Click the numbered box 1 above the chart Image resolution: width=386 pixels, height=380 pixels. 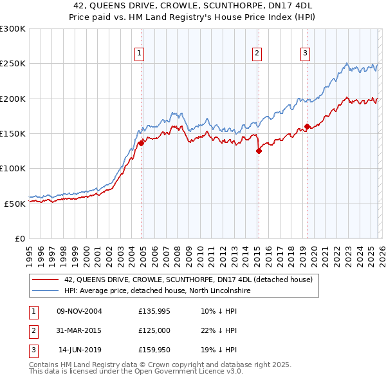(x=140, y=53)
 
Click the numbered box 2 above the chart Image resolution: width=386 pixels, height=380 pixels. (x=257, y=53)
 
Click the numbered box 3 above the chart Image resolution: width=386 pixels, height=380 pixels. (x=305, y=53)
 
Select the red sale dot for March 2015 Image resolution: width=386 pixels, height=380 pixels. (x=259, y=151)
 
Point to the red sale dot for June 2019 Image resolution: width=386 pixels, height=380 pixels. (x=307, y=126)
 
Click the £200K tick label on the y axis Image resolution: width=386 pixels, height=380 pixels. (x=13, y=99)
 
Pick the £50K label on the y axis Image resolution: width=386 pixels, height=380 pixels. (x=15, y=204)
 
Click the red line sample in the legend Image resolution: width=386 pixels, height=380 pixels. (x=45, y=280)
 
